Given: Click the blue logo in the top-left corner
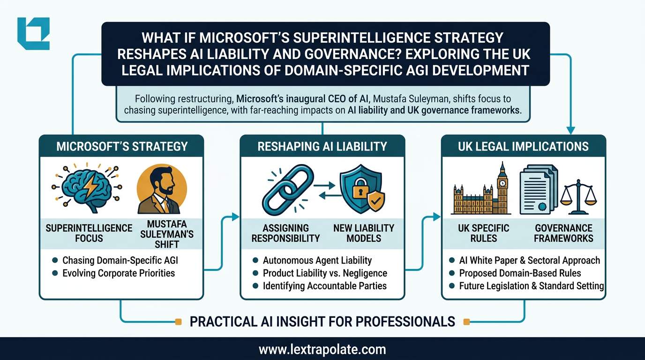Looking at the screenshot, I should tap(33, 33).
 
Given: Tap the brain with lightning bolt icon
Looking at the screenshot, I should tap(85, 187).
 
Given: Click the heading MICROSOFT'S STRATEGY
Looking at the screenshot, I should tap(121, 146).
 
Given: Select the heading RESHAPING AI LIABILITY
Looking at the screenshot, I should tap(322, 146).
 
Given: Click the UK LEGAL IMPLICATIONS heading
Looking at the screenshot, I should tap(523, 146).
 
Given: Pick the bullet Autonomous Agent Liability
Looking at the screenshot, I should tap(317, 260).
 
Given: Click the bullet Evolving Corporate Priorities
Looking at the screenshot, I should tap(118, 273).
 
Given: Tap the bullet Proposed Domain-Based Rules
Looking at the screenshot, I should tap(520, 273).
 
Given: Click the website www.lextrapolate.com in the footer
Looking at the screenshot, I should tap(322, 349).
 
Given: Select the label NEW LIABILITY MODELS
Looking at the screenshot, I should tap(364, 233).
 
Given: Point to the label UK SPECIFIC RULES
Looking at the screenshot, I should tap(483, 233).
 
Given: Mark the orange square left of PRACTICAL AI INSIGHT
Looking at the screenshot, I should tap(178, 322).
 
